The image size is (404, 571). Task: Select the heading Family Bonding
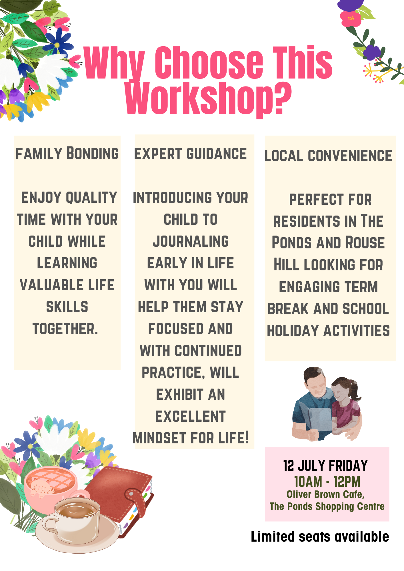[67, 153]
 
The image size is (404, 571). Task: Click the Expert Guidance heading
[190, 154]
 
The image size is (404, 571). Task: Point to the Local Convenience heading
[328, 156]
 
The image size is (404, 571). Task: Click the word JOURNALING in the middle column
[191, 241]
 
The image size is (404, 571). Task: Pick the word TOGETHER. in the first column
[65, 329]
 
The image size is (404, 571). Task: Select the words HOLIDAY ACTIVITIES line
[328, 331]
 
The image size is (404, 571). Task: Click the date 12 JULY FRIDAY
[325, 466]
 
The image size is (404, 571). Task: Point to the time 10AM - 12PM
[327, 482]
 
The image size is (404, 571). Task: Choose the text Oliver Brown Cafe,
[325, 494]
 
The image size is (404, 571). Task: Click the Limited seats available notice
[320, 536]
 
